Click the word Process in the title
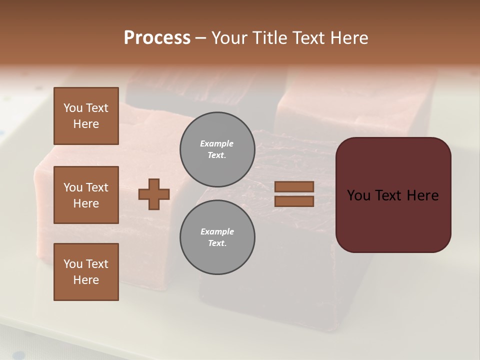[x=157, y=38]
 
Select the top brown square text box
[x=86, y=116]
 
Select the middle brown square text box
[x=86, y=195]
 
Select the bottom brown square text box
[x=86, y=272]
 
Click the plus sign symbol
[x=154, y=194]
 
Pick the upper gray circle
[x=217, y=149]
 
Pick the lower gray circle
[x=217, y=237]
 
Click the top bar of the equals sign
[x=294, y=186]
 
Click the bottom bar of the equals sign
[x=294, y=201]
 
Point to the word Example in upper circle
[x=217, y=143]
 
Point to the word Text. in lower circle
[x=217, y=243]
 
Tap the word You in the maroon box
[x=358, y=195]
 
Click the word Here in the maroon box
[x=422, y=195]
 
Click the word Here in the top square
[x=86, y=124]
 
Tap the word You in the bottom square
[x=73, y=264]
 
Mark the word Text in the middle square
[x=97, y=187]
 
